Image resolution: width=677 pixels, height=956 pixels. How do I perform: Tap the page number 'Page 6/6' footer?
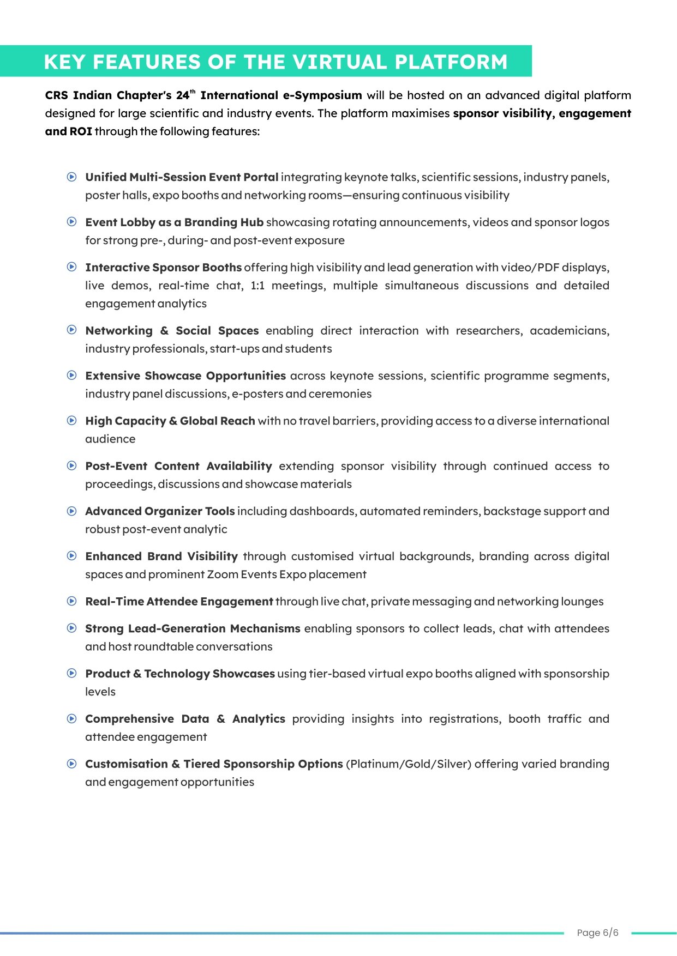point(597,933)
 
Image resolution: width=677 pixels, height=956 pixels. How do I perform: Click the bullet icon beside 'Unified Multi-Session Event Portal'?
point(71,177)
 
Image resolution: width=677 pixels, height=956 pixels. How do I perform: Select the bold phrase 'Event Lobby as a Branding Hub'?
point(174,222)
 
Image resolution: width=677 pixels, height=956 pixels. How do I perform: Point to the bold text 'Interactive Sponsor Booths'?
point(163,268)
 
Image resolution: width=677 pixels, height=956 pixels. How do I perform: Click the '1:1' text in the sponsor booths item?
point(257,286)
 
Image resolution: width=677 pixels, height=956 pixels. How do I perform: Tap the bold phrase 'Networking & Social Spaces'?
point(172,331)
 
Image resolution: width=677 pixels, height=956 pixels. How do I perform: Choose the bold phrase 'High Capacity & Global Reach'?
point(170,421)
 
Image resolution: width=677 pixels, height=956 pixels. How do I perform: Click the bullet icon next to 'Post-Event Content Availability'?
point(71,465)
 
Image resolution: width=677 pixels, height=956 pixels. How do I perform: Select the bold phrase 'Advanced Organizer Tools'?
point(160,511)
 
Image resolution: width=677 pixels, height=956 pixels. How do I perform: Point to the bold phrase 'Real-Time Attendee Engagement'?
point(179,602)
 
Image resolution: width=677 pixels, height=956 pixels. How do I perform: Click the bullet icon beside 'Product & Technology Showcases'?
point(71,673)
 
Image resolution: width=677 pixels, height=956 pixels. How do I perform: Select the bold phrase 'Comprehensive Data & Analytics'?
point(185,719)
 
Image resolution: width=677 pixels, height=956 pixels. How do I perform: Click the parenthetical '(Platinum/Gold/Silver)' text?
point(408,764)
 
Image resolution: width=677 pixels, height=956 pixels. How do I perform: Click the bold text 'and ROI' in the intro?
point(68,131)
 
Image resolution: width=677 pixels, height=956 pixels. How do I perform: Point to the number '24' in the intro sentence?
point(182,96)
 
